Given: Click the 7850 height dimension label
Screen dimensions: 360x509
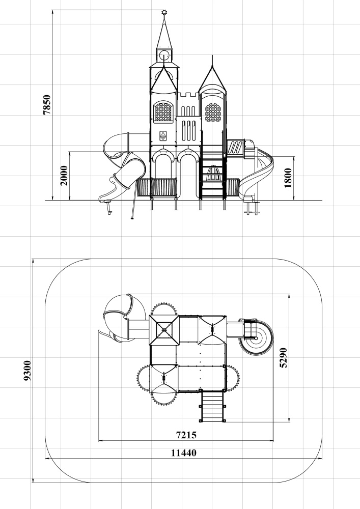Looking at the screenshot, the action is pyautogui.click(x=47, y=104).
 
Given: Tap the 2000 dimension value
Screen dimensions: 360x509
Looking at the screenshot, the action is pyautogui.click(x=64, y=176).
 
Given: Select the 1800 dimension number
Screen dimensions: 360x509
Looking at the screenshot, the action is pyautogui.click(x=288, y=178).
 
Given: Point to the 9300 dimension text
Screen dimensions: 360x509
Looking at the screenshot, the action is pyautogui.click(x=27, y=371).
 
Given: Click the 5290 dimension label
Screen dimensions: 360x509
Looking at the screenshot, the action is pyautogui.click(x=284, y=358).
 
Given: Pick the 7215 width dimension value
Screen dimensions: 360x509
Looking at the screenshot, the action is pyautogui.click(x=186, y=435).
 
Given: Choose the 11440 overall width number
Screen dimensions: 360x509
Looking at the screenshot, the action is pyautogui.click(x=184, y=453).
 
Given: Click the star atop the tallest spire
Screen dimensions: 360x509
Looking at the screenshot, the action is pyautogui.click(x=164, y=13).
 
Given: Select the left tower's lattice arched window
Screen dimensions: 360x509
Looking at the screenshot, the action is pyautogui.click(x=163, y=111).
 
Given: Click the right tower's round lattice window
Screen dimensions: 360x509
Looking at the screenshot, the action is pyautogui.click(x=213, y=112).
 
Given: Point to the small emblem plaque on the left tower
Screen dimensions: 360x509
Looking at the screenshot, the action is pyautogui.click(x=163, y=136).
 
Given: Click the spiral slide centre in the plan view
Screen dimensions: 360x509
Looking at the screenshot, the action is pyautogui.click(x=256, y=338).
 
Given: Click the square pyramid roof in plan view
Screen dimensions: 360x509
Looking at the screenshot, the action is pyautogui.click(x=164, y=330).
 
